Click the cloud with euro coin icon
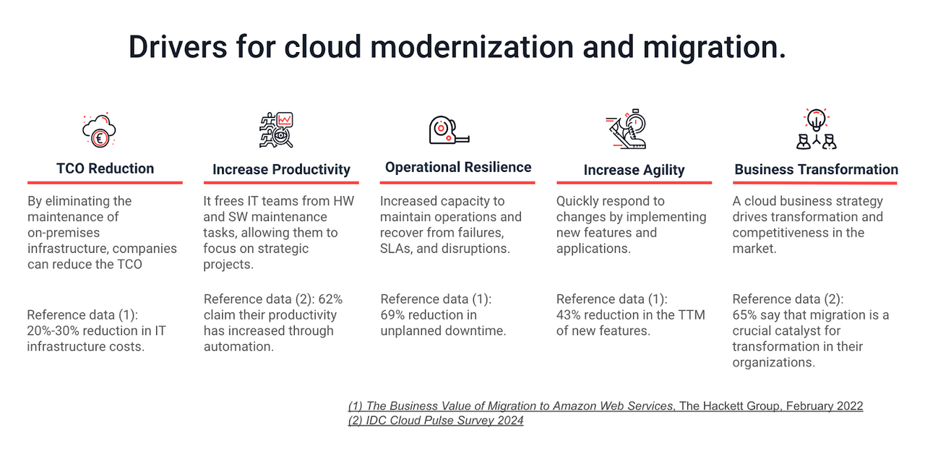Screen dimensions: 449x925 (99, 131)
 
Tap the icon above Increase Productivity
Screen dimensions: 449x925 (276, 130)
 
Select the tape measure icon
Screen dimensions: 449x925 (448, 129)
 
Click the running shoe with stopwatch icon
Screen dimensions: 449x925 (625, 130)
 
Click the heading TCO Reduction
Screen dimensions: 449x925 (106, 168)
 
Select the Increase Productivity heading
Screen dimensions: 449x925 (281, 170)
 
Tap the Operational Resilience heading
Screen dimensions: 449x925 (458, 168)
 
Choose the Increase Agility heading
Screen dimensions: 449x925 (634, 170)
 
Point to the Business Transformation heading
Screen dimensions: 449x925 (816, 170)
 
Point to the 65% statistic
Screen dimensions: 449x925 (746, 315)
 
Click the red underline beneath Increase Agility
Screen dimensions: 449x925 (634, 182)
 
